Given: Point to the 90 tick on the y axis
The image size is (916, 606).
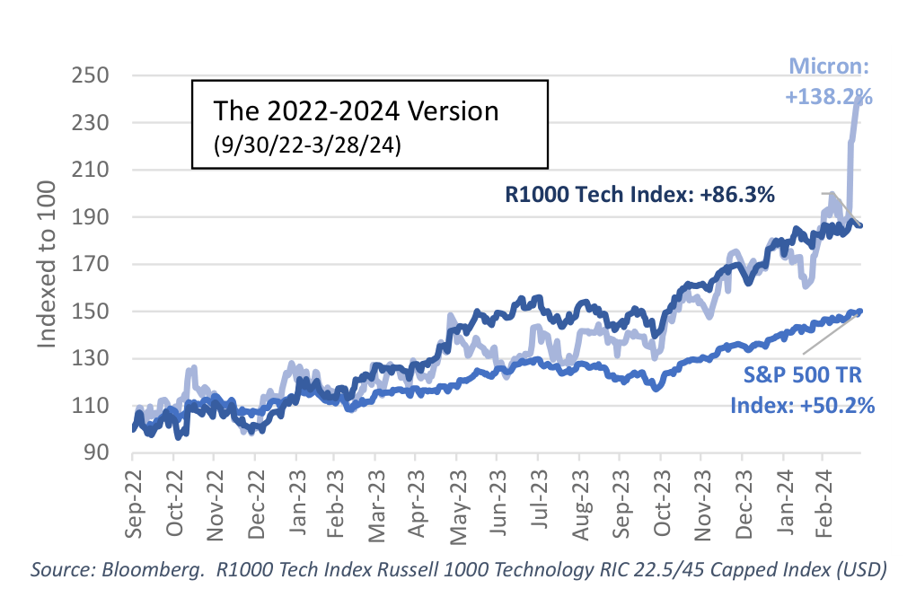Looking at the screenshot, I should click(x=95, y=452).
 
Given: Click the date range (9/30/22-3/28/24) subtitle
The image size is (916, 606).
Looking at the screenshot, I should click(x=307, y=145).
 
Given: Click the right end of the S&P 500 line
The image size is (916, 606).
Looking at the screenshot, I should click(x=860, y=312).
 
